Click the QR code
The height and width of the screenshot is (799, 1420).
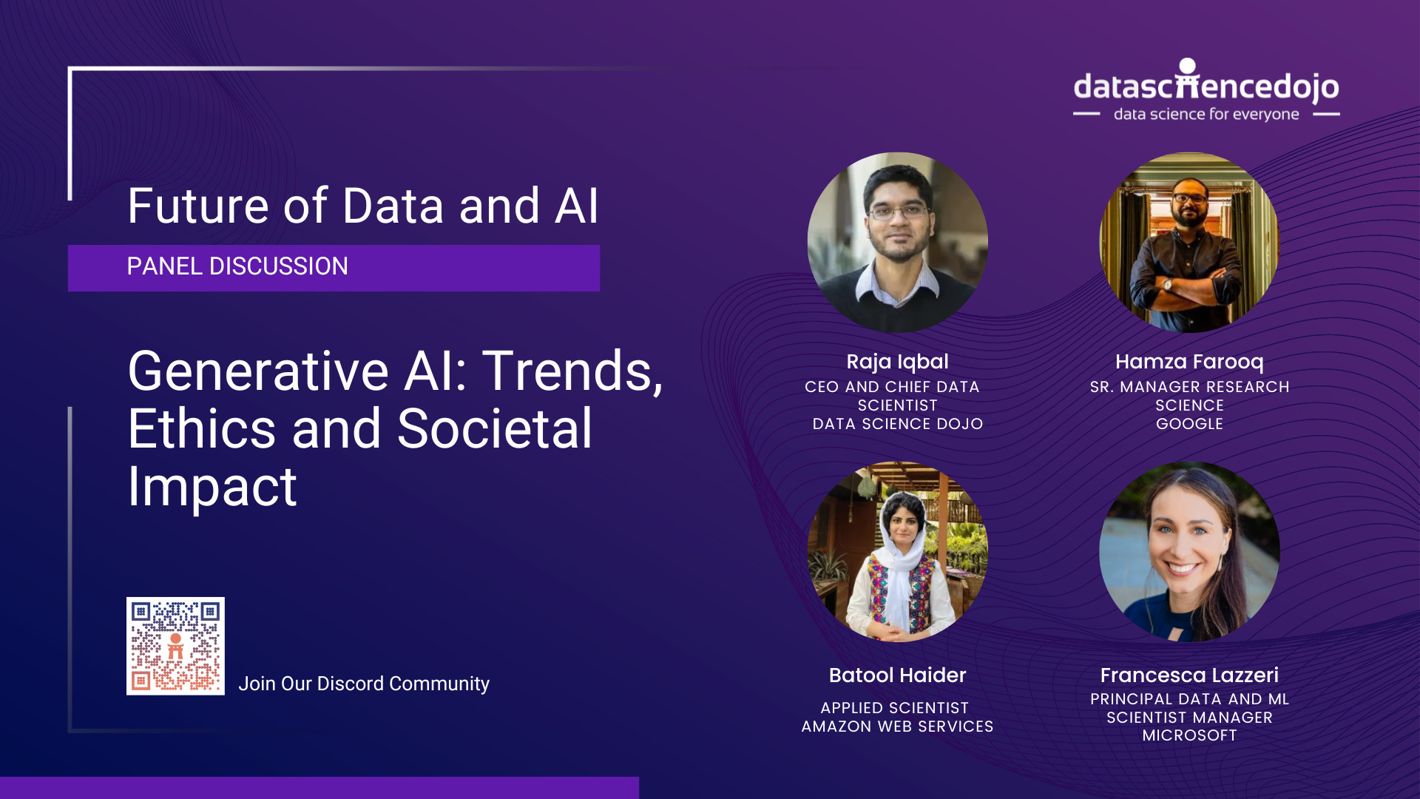(175, 646)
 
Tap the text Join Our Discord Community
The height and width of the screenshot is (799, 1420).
(363, 684)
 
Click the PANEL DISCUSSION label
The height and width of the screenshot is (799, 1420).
(237, 266)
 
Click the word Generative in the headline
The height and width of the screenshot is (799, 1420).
(258, 371)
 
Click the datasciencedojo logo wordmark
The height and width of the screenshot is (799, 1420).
(1206, 87)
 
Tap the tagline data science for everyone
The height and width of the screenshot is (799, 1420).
(1206, 114)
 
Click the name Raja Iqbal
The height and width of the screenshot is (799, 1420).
(897, 362)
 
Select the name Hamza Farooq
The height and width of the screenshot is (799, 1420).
(1189, 362)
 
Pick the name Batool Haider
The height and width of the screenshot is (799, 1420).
(897, 675)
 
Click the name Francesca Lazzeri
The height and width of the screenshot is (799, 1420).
(1189, 675)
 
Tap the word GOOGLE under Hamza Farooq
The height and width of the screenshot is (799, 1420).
(1189, 424)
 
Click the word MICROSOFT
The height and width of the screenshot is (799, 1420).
(1189, 735)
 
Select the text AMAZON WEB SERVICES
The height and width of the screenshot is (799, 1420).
(897, 726)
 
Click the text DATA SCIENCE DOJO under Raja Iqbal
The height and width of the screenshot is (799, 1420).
(897, 424)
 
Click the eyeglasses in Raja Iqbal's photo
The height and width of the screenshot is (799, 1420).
(897, 212)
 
